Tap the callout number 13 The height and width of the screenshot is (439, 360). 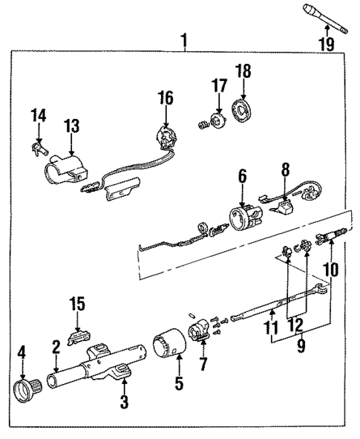pos(71,128)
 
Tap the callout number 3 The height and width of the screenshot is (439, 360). pos(125,402)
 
